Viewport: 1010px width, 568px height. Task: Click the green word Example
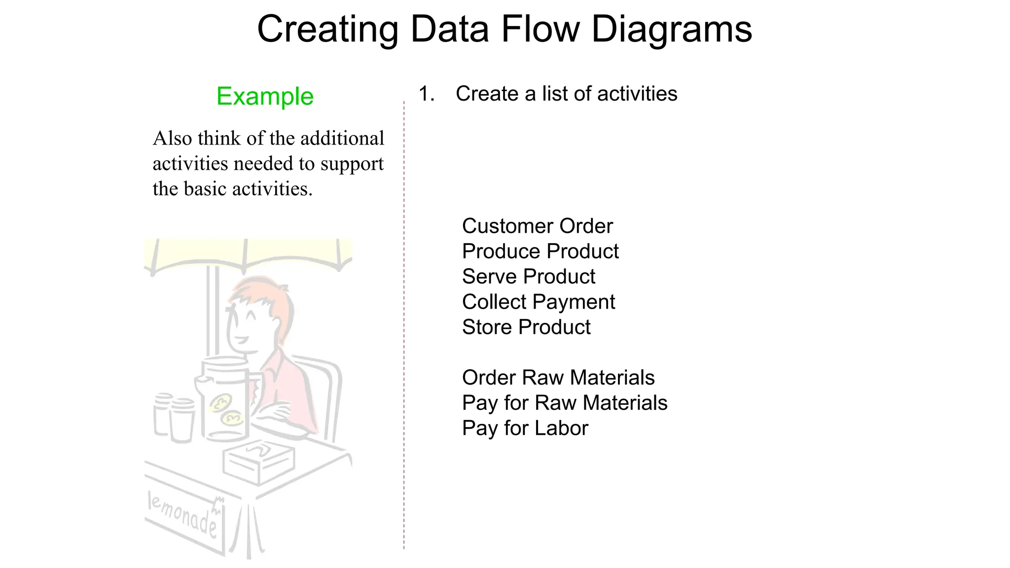(x=265, y=96)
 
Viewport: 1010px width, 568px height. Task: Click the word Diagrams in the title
(x=671, y=30)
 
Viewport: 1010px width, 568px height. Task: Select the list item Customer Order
(x=537, y=226)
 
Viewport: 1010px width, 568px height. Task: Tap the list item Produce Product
(x=540, y=251)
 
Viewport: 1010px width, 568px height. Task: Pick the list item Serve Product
(x=528, y=277)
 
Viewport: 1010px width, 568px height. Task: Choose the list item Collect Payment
(x=538, y=302)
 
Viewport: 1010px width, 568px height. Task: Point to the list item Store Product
(x=526, y=327)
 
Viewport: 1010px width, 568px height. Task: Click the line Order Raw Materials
(x=558, y=378)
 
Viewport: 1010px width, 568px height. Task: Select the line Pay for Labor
(x=525, y=428)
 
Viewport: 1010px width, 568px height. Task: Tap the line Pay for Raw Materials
(x=564, y=403)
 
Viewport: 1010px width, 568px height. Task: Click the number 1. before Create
(x=426, y=94)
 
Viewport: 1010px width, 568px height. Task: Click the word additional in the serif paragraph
(x=342, y=139)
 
